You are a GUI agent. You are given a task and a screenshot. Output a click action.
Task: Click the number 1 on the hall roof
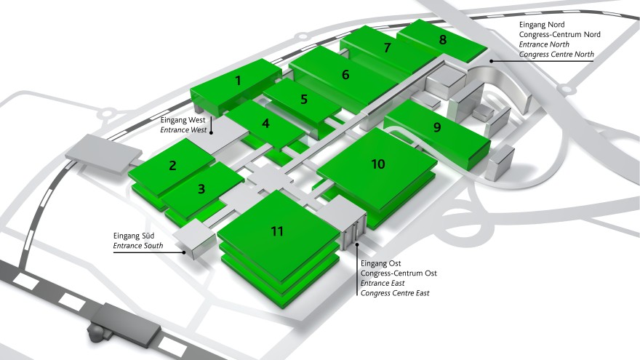238,81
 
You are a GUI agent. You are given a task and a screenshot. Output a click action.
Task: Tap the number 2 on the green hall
172,165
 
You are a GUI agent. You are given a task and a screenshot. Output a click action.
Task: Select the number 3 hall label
201,188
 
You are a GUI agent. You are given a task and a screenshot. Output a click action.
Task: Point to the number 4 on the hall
265,123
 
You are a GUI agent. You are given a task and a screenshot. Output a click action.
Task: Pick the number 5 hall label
304,99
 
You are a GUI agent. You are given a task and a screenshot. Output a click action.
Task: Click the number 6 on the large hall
345,75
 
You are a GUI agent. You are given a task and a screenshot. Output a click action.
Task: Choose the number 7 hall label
388,48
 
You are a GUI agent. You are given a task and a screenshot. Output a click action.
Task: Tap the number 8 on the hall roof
443,39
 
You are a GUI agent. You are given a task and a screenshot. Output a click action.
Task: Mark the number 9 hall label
437,127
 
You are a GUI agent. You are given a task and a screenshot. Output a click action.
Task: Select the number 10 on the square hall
378,164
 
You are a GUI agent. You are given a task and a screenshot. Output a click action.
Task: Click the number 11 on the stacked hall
277,231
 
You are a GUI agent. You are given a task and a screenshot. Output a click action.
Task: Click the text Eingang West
183,120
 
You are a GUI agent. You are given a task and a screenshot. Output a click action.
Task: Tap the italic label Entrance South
138,246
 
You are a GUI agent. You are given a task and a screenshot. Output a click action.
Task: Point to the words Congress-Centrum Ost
399,273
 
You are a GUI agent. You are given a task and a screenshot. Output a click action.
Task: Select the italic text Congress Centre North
556,55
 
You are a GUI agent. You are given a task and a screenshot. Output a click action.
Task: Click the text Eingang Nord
542,25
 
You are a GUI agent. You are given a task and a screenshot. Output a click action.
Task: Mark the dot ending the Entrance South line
184,252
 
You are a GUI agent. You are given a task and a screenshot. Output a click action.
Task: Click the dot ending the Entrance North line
492,61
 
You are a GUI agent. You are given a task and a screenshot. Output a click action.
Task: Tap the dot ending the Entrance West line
211,132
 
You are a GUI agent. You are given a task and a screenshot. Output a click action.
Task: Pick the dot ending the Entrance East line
358,244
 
